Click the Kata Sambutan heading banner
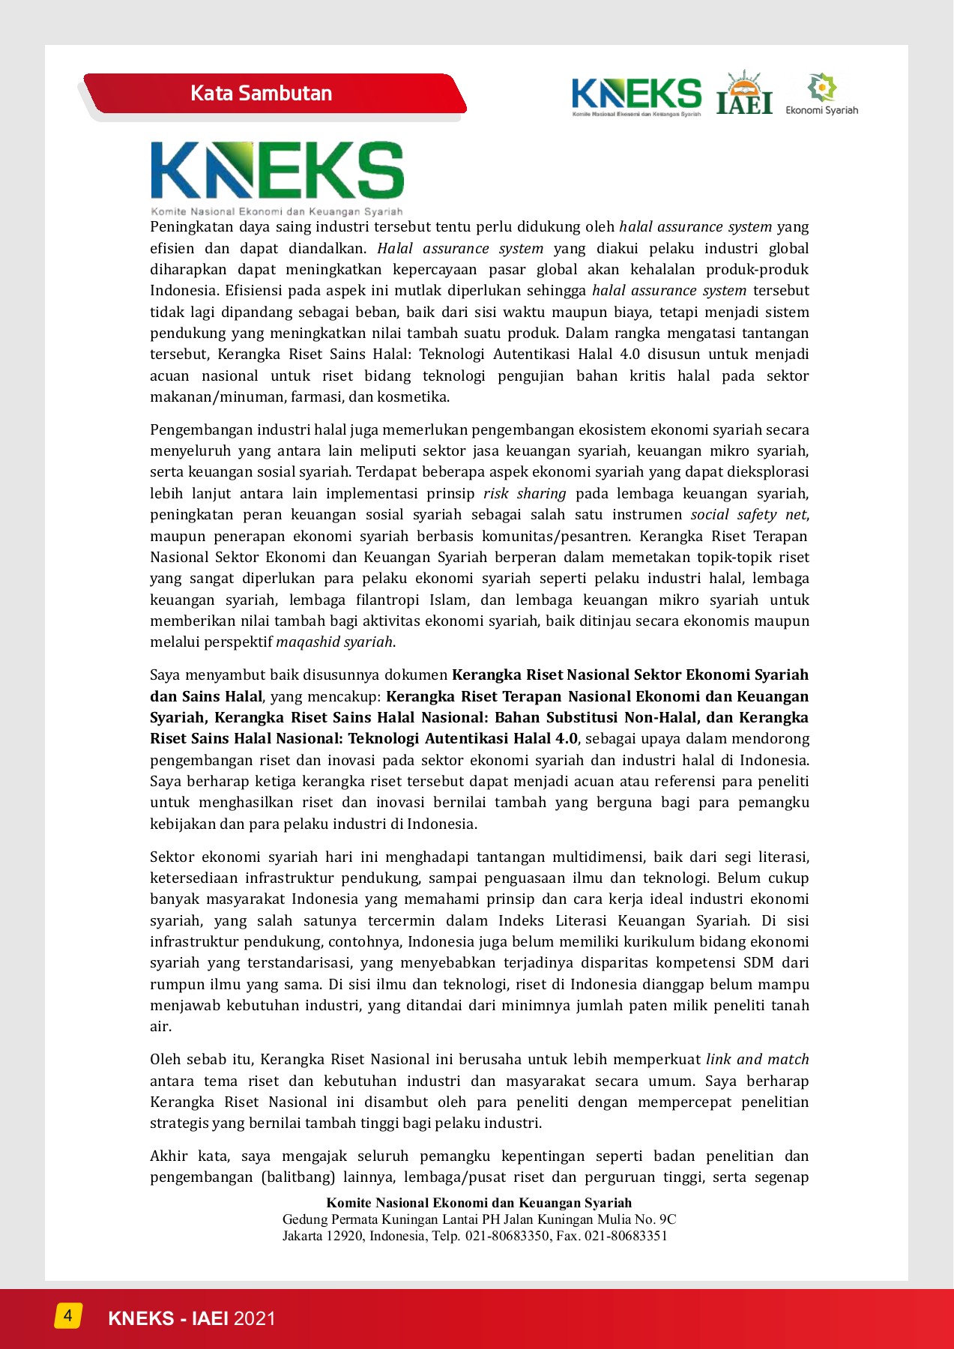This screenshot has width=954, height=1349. [x=262, y=94]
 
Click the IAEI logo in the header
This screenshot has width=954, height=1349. [x=744, y=94]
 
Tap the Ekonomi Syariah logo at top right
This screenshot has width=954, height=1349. [x=821, y=94]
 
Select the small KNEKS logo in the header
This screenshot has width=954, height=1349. [x=636, y=97]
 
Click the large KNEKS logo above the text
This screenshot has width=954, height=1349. [x=277, y=177]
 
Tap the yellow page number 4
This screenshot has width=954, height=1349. [x=67, y=1315]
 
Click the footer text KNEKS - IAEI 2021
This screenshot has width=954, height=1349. [x=192, y=1318]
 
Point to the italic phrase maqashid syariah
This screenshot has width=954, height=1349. [x=334, y=642]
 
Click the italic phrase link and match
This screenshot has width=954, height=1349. [x=757, y=1060]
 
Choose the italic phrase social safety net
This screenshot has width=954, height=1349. [x=749, y=515]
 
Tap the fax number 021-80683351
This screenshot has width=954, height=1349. [x=626, y=1236]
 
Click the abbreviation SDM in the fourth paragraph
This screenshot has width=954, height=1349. [x=758, y=963]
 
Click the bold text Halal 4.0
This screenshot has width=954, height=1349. [x=549, y=739]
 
